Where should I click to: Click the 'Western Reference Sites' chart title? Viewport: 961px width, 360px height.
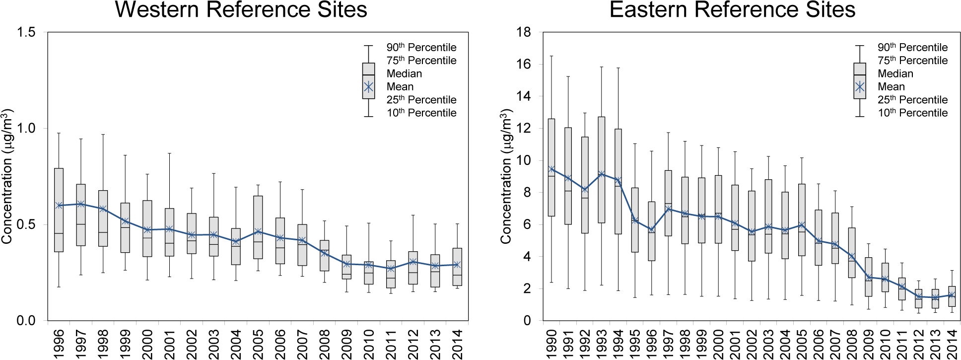pyautogui.click(x=241, y=10)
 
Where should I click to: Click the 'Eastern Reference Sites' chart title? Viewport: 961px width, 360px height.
pyautogui.click(x=732, y=10)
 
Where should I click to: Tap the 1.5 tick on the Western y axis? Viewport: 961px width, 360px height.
pyautogui.click(x=26, y=32)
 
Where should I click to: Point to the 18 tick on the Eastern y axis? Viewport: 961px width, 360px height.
pyautogui.click(x=524, y=32)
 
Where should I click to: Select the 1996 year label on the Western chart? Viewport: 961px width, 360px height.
pyautogui.click(x=59, y=343)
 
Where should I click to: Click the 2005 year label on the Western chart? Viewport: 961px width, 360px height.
pyautogui.click(x=258, y=343)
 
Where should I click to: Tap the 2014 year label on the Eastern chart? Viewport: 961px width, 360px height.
pyautogui.click(x=952, y=343)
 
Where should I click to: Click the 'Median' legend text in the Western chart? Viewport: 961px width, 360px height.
pyautogui.click(x=404, y=73)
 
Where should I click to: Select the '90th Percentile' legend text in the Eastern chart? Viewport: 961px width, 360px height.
pyautogui.click(x=912, y=48)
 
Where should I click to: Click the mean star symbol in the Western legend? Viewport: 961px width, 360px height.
pyautogui.click(x=368, y=87)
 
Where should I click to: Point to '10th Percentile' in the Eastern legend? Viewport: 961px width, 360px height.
pyautogui.click(x=912, y=113)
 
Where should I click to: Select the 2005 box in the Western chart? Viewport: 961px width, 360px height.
pyautogui.click(x=258, y=227)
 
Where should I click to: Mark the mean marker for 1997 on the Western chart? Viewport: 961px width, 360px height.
pyautogui.click(x=81, y=204)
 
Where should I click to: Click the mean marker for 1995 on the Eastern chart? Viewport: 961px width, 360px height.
pyautogui.click(x=635, y=220)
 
